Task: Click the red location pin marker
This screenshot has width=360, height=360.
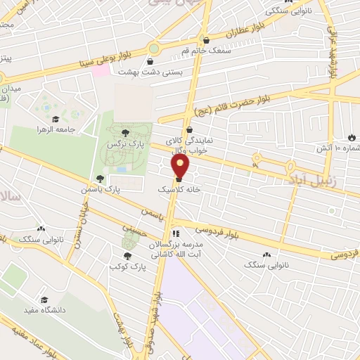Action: (181, 167)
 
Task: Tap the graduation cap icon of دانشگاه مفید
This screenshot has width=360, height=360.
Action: (45, 300)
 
